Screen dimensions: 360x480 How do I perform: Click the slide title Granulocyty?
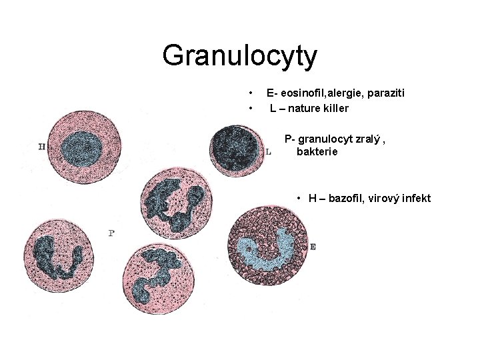pos(239,55)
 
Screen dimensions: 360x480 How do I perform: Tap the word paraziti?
pos(385,93)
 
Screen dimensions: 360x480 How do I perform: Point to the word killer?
pos(337,107)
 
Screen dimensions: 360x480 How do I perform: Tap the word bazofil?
pos(346,199)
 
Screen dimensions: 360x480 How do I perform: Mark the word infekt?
pos(416,199)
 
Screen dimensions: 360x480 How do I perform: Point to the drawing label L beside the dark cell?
pos(268,152)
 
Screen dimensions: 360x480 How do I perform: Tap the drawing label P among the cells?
pos(111,233)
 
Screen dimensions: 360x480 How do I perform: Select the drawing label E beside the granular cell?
pos(313,247)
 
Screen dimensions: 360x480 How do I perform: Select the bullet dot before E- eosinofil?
pos(249,93)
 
